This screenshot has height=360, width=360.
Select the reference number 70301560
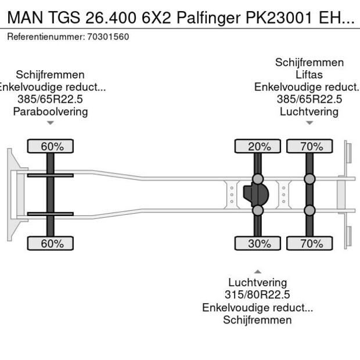point(109,37)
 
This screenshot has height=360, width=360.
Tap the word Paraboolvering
point(51,111)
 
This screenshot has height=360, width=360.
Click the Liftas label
point(309,74)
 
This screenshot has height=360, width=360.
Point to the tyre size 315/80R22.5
point(257,295)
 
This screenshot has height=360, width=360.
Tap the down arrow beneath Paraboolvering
point(51,123)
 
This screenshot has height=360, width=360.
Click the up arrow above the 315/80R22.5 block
point(257,272)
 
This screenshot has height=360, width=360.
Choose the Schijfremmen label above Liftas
point(309,62)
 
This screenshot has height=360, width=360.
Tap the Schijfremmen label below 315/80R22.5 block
point(257,320)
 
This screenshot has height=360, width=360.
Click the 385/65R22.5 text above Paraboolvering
point(51,99)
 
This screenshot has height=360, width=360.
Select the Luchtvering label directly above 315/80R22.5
point(257,283)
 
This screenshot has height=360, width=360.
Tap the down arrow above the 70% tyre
point(309,123)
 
